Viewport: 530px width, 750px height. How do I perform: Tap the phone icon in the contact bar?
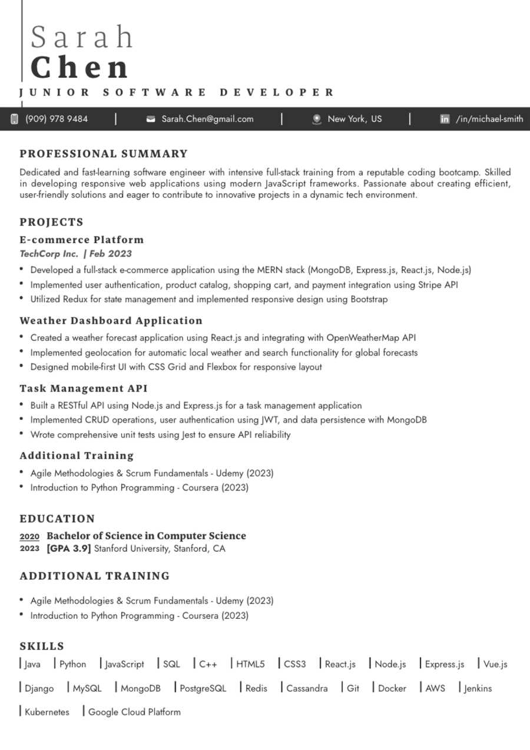14,119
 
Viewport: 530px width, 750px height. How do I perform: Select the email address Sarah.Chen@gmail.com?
207,119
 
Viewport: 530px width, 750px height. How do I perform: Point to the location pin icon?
317,119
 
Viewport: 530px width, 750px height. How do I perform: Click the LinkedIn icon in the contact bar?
445,119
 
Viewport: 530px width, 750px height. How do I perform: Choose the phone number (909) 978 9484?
57,119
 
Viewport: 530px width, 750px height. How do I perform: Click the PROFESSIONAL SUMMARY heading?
104,154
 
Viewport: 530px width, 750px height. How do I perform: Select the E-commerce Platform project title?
82,240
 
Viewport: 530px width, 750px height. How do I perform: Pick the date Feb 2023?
111,254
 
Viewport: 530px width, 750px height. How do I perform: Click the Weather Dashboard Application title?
111,321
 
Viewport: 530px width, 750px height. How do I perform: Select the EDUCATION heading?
57,519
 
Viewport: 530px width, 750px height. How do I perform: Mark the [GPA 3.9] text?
69,549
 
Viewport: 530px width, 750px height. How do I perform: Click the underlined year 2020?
29,536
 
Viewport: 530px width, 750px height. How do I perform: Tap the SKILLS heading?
42,646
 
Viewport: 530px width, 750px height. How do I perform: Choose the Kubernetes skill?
47,712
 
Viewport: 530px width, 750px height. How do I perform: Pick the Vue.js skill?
495,665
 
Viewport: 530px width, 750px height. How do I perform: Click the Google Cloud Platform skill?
134,712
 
